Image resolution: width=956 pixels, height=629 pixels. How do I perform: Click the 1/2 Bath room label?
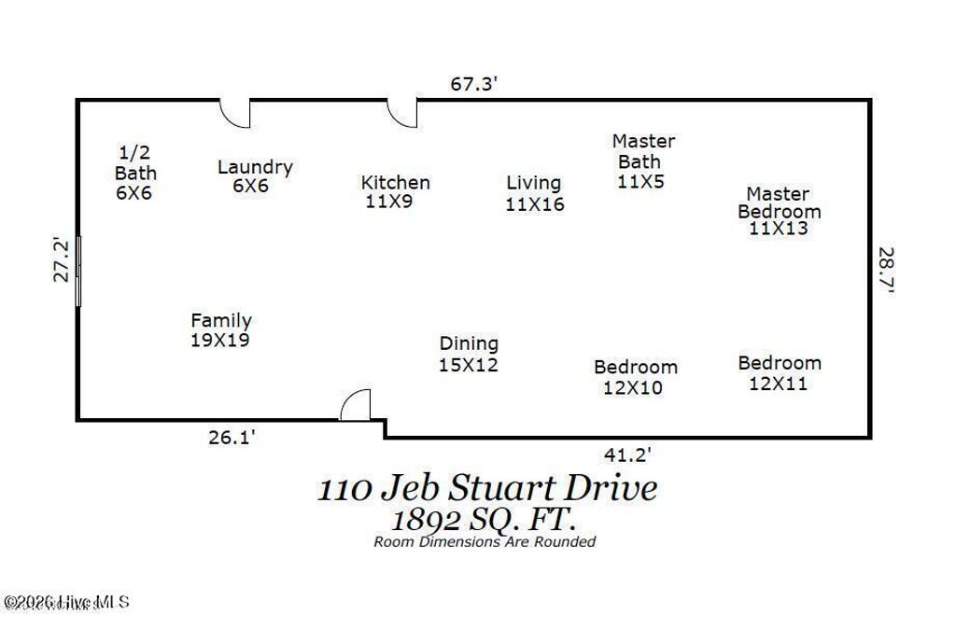135,173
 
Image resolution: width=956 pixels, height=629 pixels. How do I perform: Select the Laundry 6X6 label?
254,175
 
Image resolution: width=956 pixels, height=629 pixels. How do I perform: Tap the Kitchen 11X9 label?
395,191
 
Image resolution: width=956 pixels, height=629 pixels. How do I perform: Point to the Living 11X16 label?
534,193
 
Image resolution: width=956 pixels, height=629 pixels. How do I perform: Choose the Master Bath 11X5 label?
643,161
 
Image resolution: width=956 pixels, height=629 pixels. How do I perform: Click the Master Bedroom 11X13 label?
779,211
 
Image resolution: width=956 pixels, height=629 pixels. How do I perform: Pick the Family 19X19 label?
220,330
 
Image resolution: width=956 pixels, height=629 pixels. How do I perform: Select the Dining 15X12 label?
469,354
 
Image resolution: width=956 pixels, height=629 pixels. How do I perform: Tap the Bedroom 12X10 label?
635,377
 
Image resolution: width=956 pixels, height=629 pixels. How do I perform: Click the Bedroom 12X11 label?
780,372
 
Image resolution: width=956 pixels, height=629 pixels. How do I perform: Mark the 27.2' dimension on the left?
61,259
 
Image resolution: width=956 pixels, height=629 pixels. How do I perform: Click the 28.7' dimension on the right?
886,271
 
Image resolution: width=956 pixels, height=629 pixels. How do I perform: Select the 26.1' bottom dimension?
232,436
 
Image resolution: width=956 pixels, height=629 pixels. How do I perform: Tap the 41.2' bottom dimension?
626,454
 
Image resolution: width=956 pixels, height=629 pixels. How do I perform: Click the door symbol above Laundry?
236,113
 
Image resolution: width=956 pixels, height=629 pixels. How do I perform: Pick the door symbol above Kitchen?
403,113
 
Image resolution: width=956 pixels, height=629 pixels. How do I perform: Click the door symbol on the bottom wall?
356,406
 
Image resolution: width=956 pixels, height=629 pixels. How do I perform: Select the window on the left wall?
78,271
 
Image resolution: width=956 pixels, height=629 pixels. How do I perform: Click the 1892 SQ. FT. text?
485,519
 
